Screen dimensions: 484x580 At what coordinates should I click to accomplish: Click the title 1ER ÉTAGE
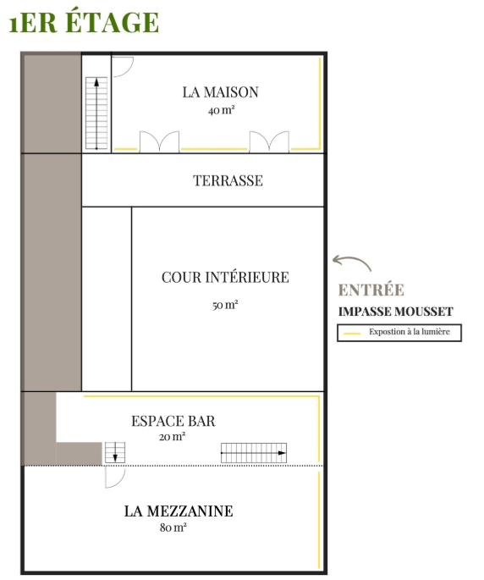pyautogui.click(x=84, y=21)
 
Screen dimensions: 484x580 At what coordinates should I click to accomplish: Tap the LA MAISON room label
pyautogui.click(x=220, y=92)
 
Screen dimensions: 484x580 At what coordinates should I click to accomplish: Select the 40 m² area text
pyautogui.click(x=221, y=110)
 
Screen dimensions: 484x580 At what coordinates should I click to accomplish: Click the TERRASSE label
pyautogui.click(x=228, y=180)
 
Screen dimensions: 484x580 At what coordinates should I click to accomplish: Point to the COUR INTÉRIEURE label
pyautogui.click(x=225, y=277)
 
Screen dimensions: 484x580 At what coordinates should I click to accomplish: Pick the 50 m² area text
pyautogui.click(x=225, y=305)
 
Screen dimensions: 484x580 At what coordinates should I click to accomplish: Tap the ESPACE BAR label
pyautogui.click(x=173, y=421)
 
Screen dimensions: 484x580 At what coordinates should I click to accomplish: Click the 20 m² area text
pyautogui.click(x=172, y=437)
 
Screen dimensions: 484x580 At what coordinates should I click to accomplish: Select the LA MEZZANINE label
pyautogui.click(x=179, y=511)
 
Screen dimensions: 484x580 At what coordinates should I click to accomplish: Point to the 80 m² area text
pyautogui.click(x=173, y=528)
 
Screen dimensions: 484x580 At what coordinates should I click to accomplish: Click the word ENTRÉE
pyautogui.click(x=371, y=290)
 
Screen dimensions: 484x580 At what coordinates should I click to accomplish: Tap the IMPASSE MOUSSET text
pyautogui.click(x=396, y=312)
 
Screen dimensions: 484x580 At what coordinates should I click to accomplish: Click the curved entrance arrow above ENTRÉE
pyautogui.click(x=352, y=258)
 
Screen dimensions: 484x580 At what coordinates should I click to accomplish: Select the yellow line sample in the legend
pyautogui.click(x=352, y=334)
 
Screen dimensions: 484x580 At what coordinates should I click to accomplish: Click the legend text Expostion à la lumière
pyautogui.click(x=410, y=332)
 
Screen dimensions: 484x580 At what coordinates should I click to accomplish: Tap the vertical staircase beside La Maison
pyautogui.click(x=96, y=113)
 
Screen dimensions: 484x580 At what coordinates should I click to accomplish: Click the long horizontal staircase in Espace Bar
pyautogui.click(x=254, y=453)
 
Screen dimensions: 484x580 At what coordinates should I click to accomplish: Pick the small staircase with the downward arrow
pyautogui.click(x=115, y=452)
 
